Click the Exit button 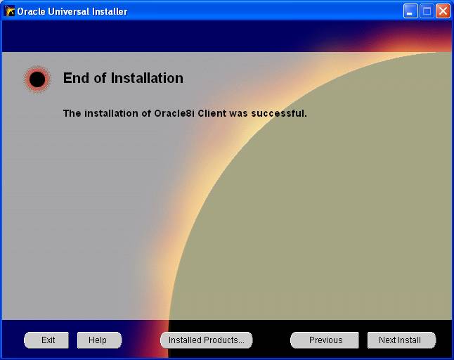(46, 340)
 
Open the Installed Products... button (207, 340)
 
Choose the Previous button (325, 340)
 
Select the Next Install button (401, 340)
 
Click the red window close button (443, 11)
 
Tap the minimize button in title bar (410, 11)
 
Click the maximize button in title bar (427, 11)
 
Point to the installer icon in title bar (9, 11)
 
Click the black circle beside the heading (37, 79)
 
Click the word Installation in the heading (147, 78)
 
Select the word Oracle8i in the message (174, 113)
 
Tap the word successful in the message (279, 113)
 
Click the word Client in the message (212, 113)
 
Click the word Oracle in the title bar (31, 11)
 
